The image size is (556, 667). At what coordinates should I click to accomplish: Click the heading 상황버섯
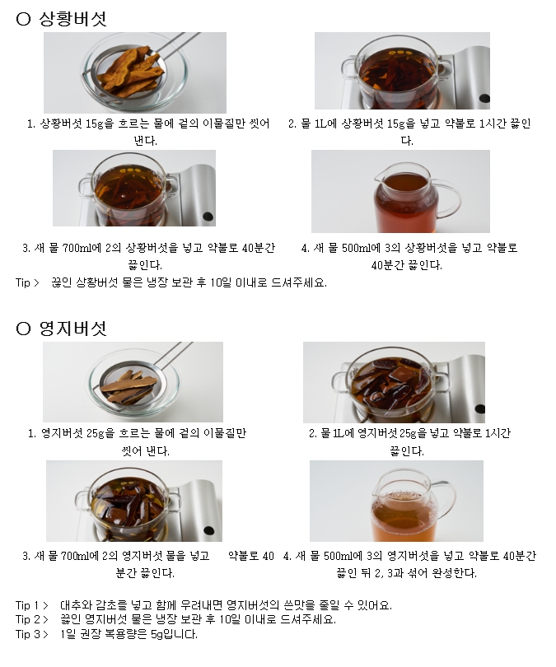coord(72,19)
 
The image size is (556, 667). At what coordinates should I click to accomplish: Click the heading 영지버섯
coord(72,329)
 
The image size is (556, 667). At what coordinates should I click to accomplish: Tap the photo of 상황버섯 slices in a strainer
coord(135,72)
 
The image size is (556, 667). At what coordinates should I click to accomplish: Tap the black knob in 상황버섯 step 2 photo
coord(484,99)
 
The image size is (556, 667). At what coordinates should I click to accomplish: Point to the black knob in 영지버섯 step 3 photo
coord(208,530)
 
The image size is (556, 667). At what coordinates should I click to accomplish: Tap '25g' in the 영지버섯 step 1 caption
coord(96,433)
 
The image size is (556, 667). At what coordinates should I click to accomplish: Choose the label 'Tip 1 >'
coord(32,605)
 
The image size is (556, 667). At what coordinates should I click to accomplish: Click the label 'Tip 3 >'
coord(32,634)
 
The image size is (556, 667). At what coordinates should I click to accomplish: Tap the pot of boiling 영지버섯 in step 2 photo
coord(392,385)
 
